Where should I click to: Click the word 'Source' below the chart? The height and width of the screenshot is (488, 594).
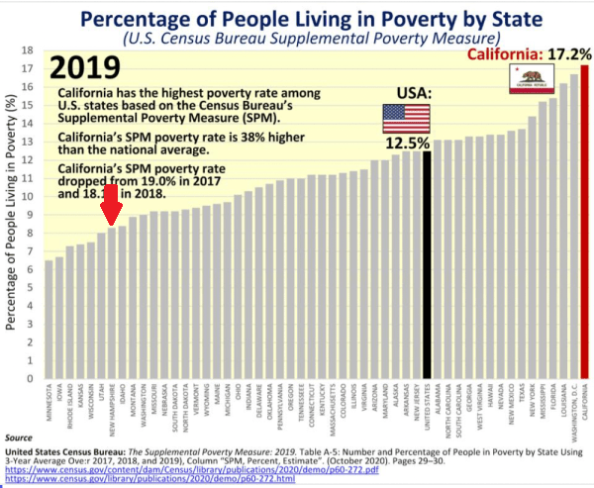pos(19,436)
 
